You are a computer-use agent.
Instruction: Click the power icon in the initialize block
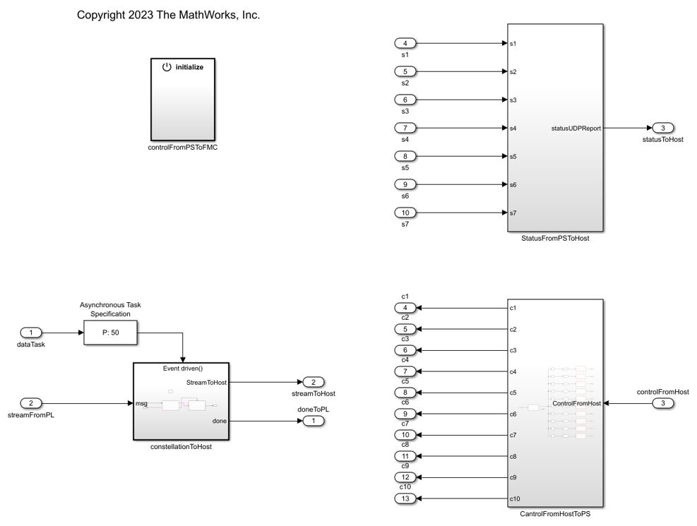pos(167,67)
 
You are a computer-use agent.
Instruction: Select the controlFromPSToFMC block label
pos(182,147)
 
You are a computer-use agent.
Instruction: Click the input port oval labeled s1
pos(405,44)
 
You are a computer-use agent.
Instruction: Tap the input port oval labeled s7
pos(405,213)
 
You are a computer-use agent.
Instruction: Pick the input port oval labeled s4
pos(405,128)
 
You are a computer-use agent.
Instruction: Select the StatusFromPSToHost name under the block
pos(555,239)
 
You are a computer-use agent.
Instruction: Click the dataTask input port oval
pos(32,332)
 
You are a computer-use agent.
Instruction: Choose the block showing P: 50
pos(111,332)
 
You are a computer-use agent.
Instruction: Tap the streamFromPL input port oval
pos(32,402)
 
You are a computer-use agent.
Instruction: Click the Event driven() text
pos(182,368)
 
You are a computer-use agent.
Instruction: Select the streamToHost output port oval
pos(313,382)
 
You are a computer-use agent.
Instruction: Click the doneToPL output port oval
pos(313,422)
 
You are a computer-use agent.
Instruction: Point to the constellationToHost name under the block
pos(182,447)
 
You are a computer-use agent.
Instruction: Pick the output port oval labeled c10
pos(405,499)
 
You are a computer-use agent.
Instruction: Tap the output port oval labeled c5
pos(405,393)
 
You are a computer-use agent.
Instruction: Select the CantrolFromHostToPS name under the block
pos(555,513)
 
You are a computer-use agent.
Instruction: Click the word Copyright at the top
pos(103,15)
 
